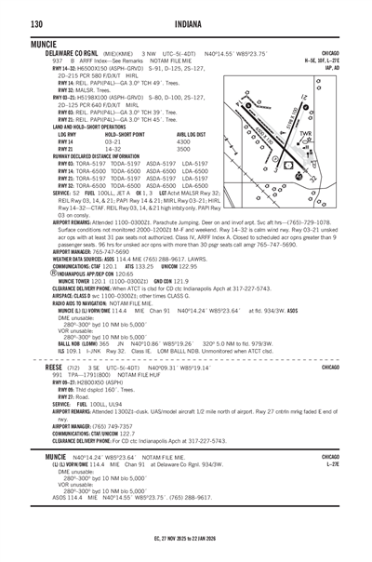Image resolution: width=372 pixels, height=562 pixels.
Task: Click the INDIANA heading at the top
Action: (186, 23)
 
